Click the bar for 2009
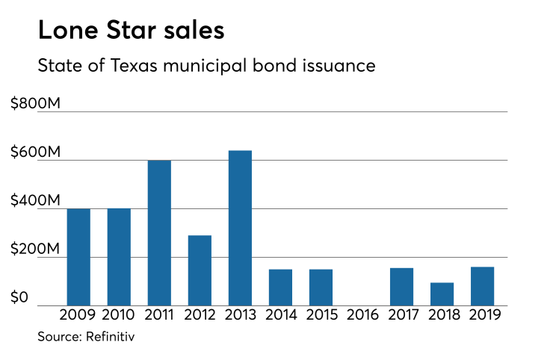tap(78, 257)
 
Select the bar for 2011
tap(159, 233)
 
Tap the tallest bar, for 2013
tap(240, 228)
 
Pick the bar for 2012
tap(200, 270)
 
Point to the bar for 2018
tap(442, 294)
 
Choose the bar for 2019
tap(482, 286)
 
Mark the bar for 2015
tap(321, 288)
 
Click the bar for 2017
tap(401, 287)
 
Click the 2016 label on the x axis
tap(362, 315)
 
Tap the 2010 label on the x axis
tap(120, 315)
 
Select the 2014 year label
tap(280, 315)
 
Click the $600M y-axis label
tap(35, 152)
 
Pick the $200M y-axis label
tap(35, 249)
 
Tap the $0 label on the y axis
tap(20, 298)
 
